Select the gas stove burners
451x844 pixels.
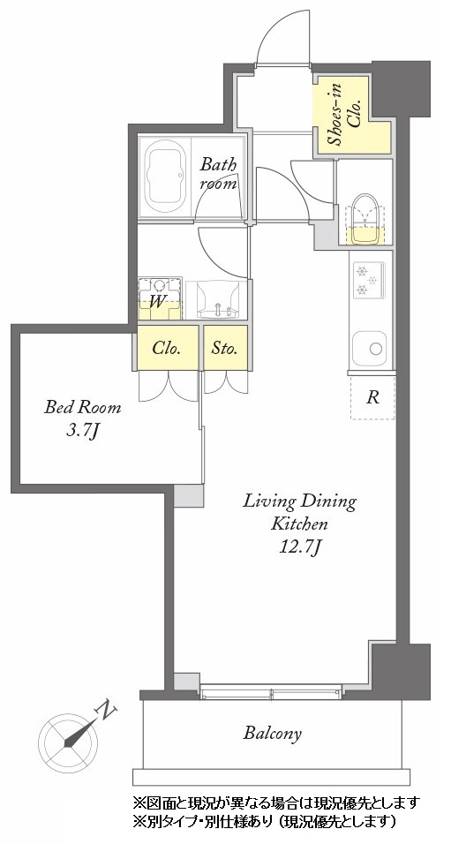[367, 280]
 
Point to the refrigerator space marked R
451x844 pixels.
[372, 397]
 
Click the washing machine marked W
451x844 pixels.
[160, 298]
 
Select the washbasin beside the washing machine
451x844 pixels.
[217, 299]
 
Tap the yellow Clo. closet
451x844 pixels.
[168, 348]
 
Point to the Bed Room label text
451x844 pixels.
[82, 407]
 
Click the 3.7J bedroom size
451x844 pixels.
[82, 431]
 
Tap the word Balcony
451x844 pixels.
[273, 733]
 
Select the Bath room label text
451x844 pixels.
[219, 173]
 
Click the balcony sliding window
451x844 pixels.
[271, 691]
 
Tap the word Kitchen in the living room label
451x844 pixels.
[299, 524]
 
